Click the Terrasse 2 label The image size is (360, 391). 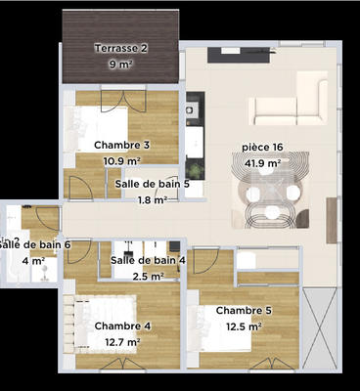[x=121, y=48]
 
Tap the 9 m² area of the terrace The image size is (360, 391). [x=121, y=65]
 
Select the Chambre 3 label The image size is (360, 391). [x=122, y=145]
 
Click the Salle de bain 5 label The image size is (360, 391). [x=158, y=183]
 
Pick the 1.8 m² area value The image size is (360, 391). [x=152, y=199]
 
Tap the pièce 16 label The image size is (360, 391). [x=262, y=148]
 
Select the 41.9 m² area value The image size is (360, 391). [x=262, y=164]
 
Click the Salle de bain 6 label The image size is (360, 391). [x=35, y=244]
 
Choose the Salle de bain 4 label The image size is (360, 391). [x=148, y=260]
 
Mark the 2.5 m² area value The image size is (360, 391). [x=148, y=277]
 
